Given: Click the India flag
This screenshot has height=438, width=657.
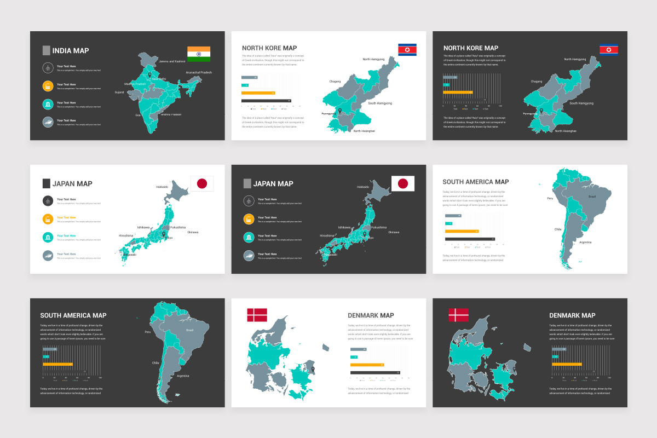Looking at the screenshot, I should click(199, 54).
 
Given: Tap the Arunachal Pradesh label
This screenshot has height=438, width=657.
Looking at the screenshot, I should click(199, 72).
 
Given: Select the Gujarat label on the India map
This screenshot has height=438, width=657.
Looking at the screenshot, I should click(119, 93).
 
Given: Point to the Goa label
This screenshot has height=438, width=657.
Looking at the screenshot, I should click(138, 115).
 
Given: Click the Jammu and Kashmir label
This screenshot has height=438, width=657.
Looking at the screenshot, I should click(172, 61).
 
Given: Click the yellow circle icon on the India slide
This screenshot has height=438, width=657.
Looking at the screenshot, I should click(48, 86).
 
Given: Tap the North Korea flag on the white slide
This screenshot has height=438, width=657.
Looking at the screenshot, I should click(407, 50).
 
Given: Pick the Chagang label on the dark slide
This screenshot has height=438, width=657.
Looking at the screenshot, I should click(537, 82).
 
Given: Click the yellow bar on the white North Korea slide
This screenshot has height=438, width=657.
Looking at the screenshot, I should click(258, 93).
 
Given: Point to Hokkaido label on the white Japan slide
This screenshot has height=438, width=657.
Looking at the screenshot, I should click(163, 187).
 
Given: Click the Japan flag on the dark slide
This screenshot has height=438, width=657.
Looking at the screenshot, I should click(403, 183).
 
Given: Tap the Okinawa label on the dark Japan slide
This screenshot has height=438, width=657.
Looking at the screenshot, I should click(394, 232).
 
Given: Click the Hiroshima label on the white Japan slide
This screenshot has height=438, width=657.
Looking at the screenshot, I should click(126, 235).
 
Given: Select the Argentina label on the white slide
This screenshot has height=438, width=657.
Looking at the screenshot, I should click(585, 242).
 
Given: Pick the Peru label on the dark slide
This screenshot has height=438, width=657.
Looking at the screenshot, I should click(147, 332).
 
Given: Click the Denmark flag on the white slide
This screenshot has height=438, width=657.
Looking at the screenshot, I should click(257, 315).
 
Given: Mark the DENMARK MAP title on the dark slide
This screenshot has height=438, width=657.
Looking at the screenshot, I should click(572, 315).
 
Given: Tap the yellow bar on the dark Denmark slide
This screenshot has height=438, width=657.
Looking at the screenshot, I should click(567, 364).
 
